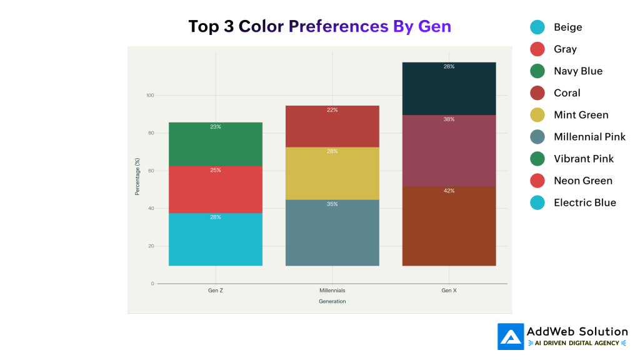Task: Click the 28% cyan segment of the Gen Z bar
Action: [216, 239]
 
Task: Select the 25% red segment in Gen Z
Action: [216, 189]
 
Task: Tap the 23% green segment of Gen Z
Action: [216, 144]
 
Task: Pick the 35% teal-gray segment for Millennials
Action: [332, 232]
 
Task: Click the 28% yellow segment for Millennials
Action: [332, 174]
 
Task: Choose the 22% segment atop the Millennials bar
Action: [332, 127]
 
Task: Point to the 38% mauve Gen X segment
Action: [449, 151]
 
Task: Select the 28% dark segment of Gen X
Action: [449, 89]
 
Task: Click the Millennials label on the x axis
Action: [332, 291]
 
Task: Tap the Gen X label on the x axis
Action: [449, 291]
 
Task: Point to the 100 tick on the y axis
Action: [150, 96]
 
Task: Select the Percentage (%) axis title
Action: [137, 177]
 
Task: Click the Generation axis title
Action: [332, 301]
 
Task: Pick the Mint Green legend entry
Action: [581, 115]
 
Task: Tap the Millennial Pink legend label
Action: [589, 137]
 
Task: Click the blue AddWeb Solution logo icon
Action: [511, 336]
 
